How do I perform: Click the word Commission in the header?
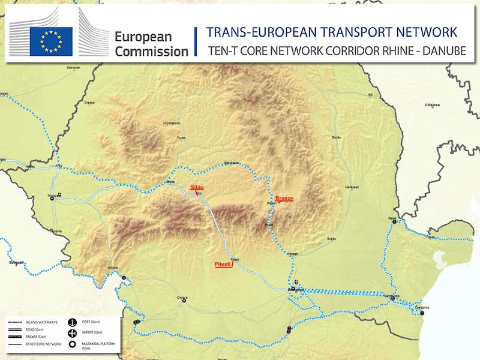[151, 52]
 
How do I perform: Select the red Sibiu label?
[197, 187]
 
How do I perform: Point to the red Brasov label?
[283, 197]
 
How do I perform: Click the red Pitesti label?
[223, 263]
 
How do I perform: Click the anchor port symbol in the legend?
[71, 322]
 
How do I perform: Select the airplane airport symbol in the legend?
[71, 333]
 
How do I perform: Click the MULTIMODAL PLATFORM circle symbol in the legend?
[71, 344]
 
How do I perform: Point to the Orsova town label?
[113, 268]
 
